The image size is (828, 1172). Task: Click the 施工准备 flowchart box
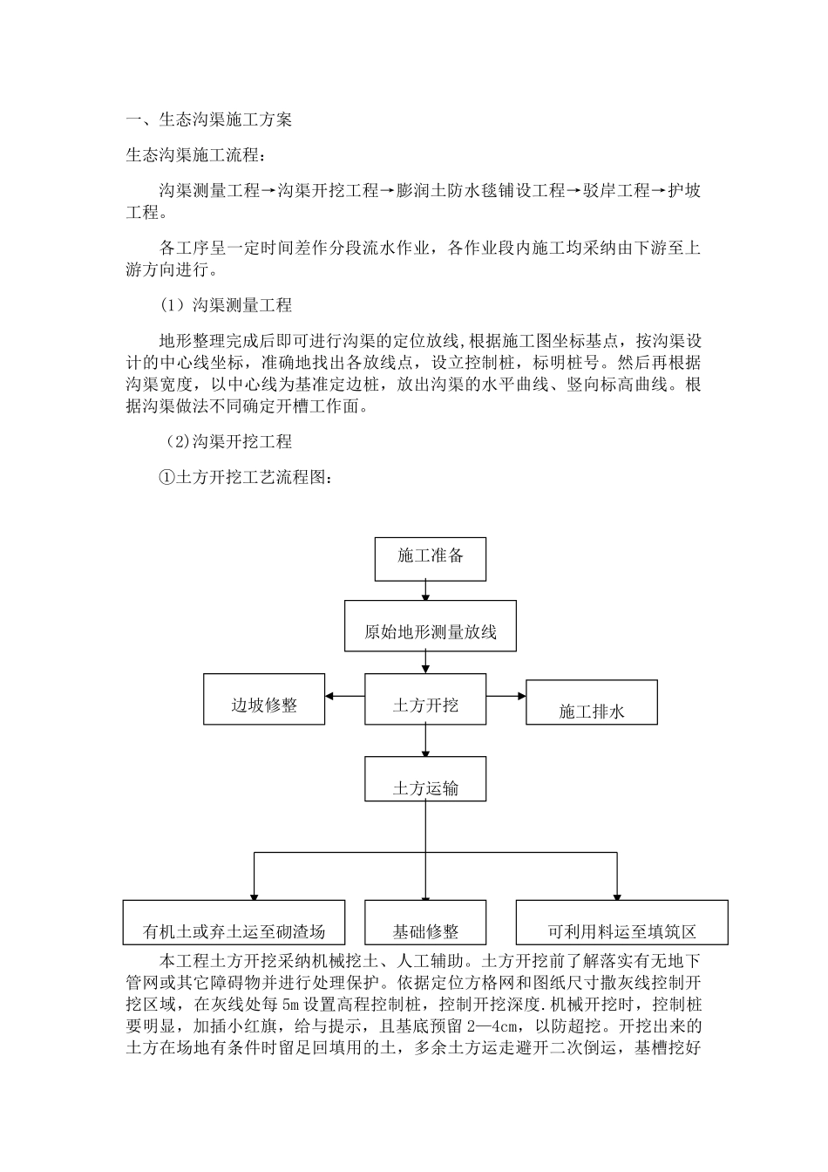tap(430, 559)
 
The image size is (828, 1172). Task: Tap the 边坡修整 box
tap(264, 699)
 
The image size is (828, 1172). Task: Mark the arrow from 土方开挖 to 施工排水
tap(506, 695)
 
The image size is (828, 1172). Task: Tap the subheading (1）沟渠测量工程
tap(226, 305)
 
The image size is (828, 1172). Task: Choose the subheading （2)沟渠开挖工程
tap(228, 442)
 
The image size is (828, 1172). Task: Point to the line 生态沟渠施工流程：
tap(193, 156)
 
